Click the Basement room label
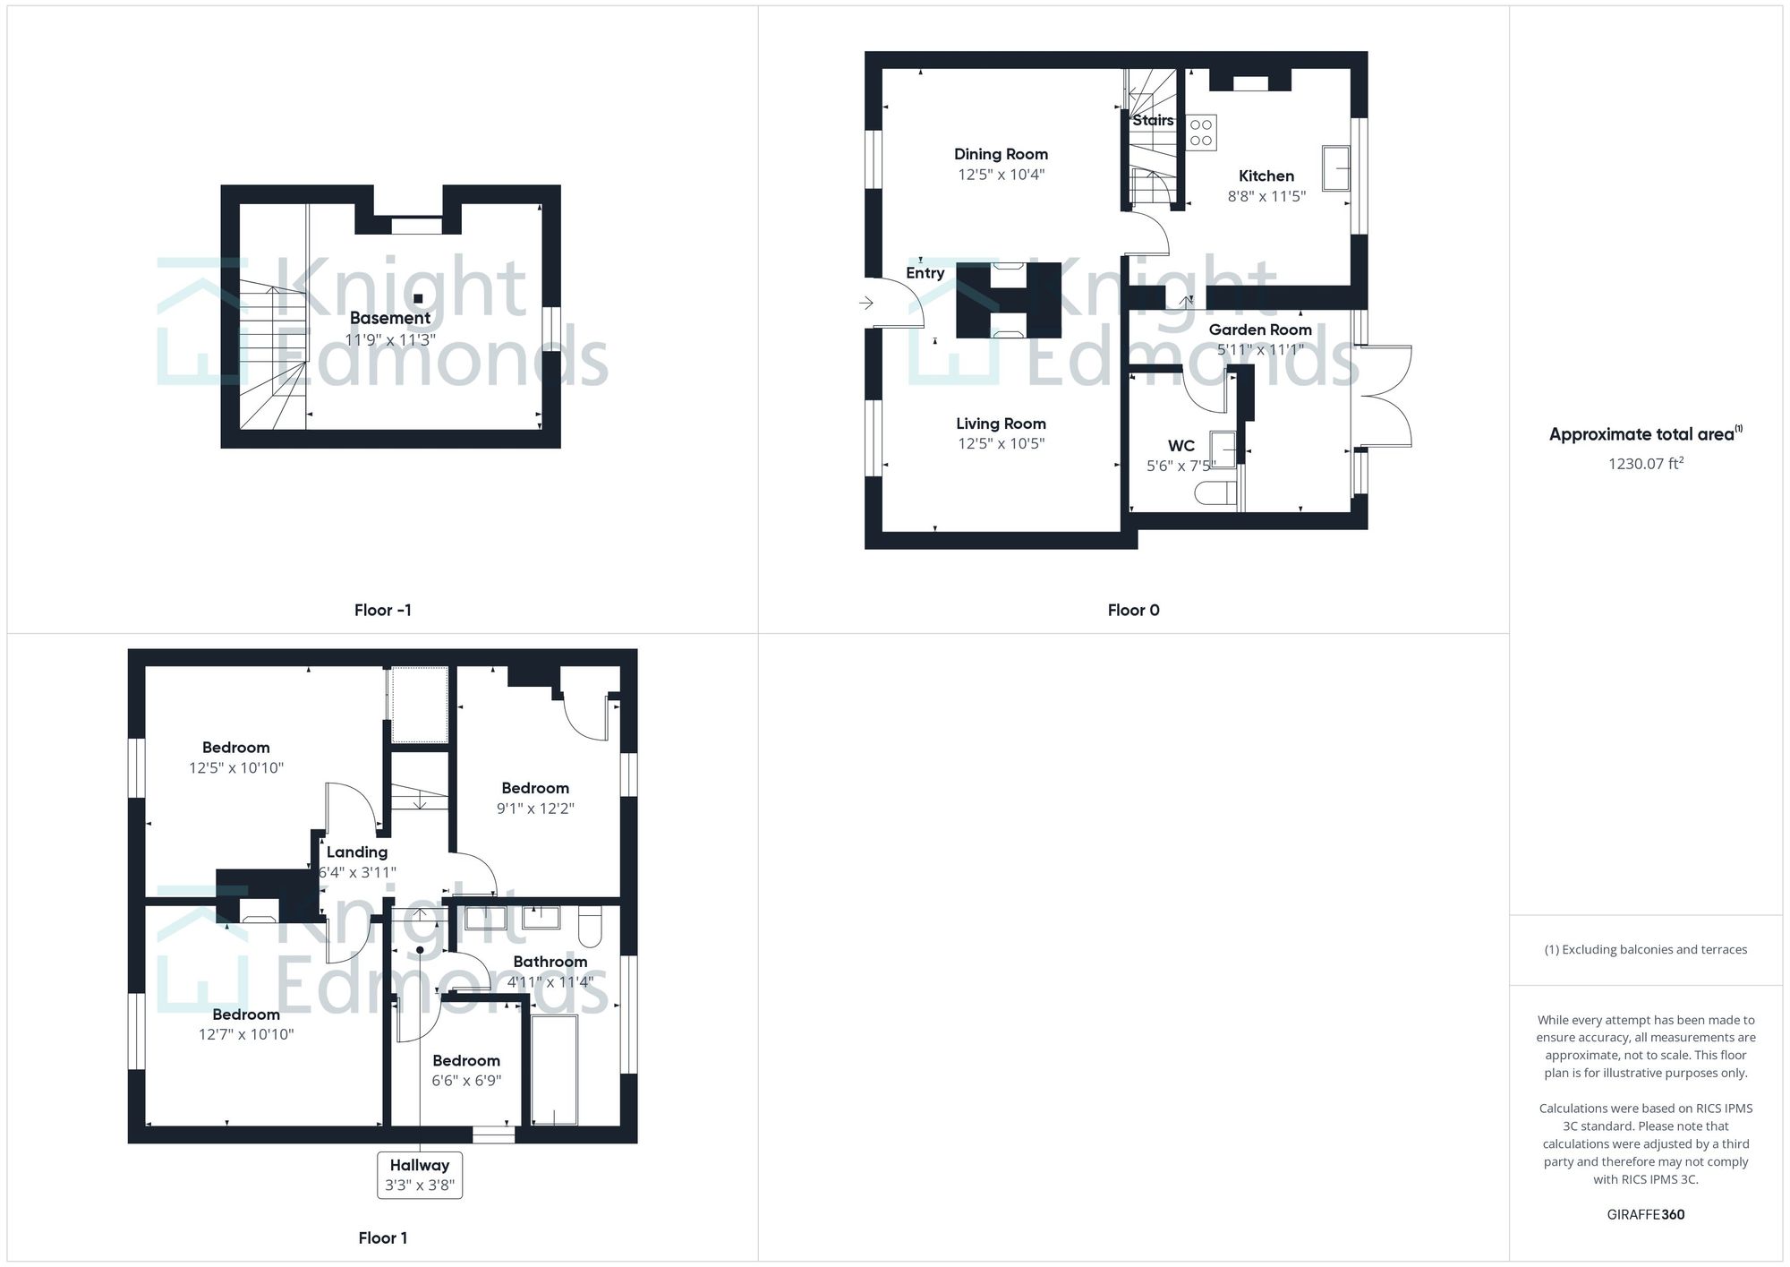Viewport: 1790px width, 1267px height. [389, 318]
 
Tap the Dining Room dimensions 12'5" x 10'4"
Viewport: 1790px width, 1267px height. [1001, 175]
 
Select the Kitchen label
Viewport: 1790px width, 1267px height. [1266, 176]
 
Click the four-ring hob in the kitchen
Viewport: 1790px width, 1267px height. [1201, 133]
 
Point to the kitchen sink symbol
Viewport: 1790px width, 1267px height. [1335, 168]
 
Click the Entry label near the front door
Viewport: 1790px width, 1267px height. [925, 273]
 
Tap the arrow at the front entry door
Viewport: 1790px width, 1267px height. [866, 304]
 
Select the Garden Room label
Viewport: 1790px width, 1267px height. [1259, 330]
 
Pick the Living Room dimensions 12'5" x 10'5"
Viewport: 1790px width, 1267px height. [1001, 444]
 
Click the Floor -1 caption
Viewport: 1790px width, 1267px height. [382, 611]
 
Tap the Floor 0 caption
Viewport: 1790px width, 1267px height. [1133, 611]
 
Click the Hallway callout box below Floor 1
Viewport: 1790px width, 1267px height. [419, 1175]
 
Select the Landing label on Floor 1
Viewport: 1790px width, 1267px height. [356, 852]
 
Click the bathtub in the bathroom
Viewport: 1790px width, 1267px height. [554, 1069]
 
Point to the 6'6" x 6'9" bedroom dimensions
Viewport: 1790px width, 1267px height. [465, 1081]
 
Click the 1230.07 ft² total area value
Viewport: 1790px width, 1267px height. [1645, 464]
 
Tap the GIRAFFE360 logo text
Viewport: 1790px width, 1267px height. [1645, 1215]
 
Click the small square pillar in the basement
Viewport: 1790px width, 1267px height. [418, 298]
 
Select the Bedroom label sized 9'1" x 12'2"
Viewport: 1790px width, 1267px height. [534, 788]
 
